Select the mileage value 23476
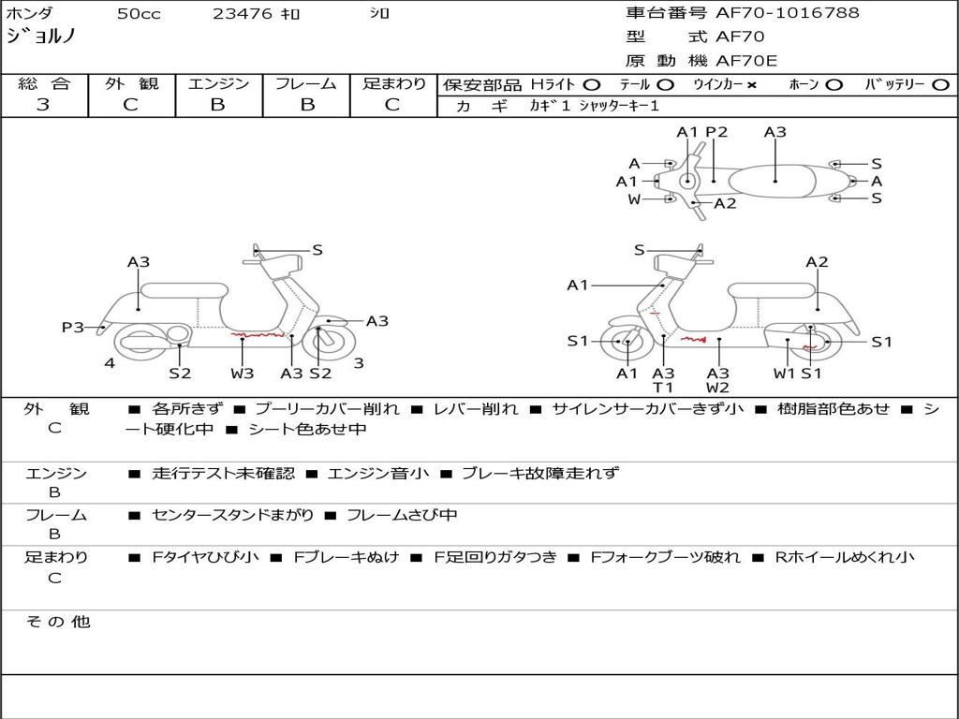(242, 14)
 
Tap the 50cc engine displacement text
(139, 14)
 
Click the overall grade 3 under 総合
(43, 105)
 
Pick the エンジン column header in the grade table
(218, 84)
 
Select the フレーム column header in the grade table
(305, 84)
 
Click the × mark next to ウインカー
(751, 85)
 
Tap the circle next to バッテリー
(939, 85)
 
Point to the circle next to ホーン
(834, 85)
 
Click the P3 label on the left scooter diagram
(73, 327)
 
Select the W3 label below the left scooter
(243, 374)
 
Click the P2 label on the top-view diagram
(716, 132)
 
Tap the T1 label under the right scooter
(663, 388)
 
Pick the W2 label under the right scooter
(718, 388)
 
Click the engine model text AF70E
(746, 61)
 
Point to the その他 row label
(57, 622)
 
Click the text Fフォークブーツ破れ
(665, 557)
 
